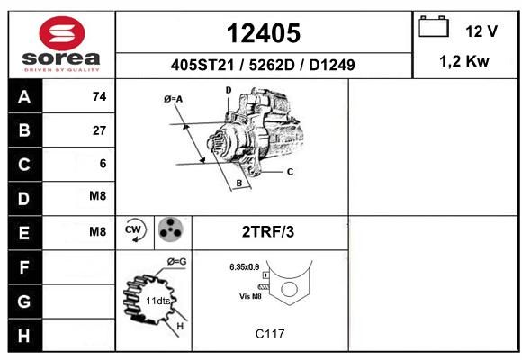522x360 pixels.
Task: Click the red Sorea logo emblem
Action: click(62, 33)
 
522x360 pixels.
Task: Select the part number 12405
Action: click(264, 33)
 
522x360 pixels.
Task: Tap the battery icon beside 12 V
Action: click(434, 26)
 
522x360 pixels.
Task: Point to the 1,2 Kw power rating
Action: click(464, 61)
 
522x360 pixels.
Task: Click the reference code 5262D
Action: click(272, 65)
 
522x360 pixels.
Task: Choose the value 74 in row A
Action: click(100, 96)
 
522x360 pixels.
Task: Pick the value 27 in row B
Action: click(100, 130)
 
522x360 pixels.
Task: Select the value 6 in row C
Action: click(103, 164)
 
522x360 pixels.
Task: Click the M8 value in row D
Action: click(98, 196)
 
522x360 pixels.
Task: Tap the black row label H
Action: click(25, 336)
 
